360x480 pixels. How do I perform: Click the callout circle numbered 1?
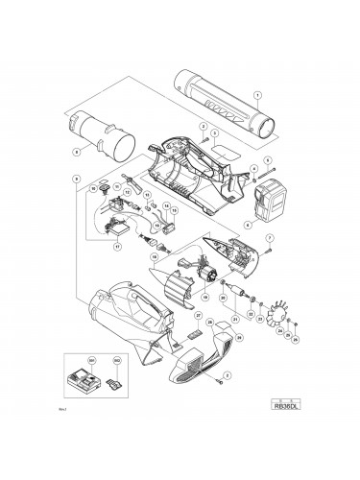point(257,93)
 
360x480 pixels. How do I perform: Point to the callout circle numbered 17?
point(117,245)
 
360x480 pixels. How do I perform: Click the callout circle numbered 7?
point(270,238)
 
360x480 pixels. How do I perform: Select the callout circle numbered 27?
point(199,314)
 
